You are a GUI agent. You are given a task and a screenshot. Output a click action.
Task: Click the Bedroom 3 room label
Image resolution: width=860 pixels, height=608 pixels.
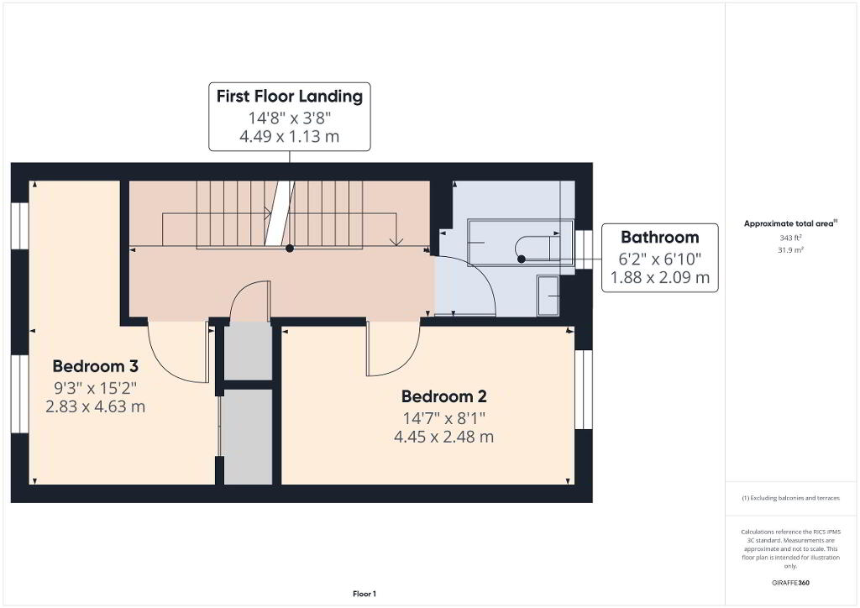(96, 365)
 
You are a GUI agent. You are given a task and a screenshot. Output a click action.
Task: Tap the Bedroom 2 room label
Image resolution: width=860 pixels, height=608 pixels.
(443, 396)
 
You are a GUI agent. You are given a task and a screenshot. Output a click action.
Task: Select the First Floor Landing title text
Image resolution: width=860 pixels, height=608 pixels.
(290, 97)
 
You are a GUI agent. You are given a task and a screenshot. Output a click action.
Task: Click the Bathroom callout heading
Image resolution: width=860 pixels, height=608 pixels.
(660, 238)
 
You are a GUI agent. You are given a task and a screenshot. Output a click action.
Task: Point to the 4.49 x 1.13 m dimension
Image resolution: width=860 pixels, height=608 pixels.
(290, 136)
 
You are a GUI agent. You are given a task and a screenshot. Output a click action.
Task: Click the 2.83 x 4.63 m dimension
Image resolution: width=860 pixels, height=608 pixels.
(96, 406)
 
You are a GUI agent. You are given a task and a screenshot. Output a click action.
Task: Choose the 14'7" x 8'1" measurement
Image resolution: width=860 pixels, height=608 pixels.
(444, 418)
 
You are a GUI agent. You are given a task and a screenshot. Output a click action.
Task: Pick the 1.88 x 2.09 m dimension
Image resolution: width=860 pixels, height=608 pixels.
(660, 277)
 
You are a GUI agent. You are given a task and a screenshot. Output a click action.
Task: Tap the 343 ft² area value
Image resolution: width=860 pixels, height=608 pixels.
(790, 238)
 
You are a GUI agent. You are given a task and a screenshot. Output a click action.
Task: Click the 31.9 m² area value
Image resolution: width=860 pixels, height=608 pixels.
(790, 250)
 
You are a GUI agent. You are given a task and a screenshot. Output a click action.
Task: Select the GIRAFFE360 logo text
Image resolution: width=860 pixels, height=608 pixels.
(790, 583)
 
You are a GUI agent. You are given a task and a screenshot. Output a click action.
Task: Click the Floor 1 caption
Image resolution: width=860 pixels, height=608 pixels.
(364, 594)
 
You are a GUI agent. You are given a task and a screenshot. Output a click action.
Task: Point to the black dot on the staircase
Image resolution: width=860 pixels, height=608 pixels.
(290, 249)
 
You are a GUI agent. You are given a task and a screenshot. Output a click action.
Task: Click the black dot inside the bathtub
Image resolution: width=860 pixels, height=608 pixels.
(522, 259)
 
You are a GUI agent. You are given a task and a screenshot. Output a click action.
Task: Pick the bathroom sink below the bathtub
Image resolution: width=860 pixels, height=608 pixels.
(548, 296)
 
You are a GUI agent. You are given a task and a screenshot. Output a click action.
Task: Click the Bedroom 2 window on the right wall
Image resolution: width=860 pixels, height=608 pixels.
(585, 390)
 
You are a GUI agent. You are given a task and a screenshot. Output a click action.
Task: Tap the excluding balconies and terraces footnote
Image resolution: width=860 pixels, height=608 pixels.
(790, 498)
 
